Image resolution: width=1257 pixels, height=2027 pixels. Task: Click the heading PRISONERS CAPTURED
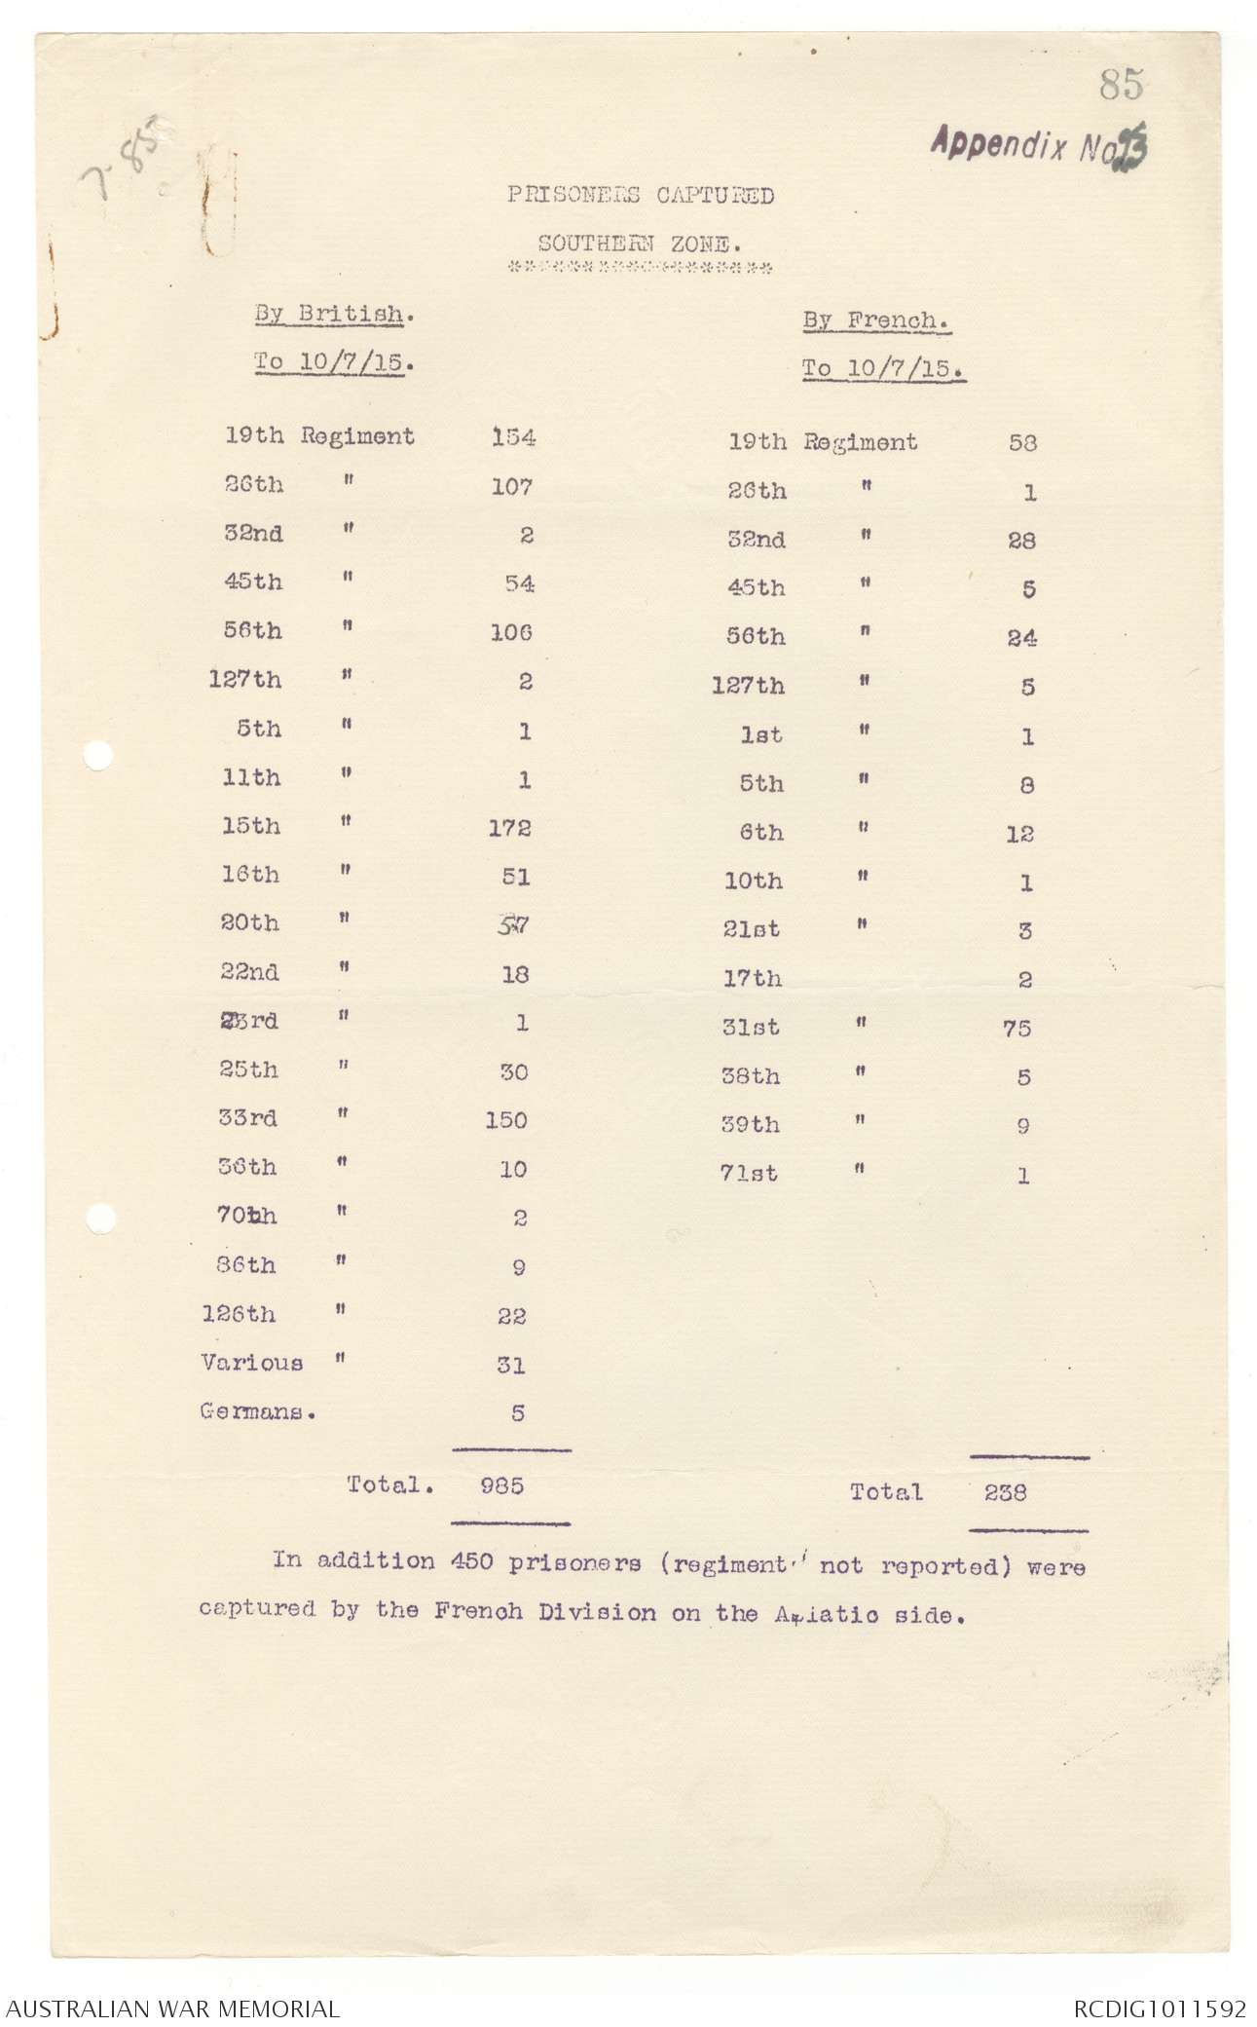[x=640, y=195]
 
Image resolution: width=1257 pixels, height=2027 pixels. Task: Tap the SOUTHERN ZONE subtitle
[x=640, y=244]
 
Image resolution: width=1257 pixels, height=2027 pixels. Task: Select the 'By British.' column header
[x=329, y=315]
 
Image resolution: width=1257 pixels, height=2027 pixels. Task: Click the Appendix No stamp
[x=1039, y=146]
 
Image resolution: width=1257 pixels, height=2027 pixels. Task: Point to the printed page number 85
[x=1121, y=86]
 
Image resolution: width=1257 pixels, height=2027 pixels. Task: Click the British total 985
[x=502, y=1485]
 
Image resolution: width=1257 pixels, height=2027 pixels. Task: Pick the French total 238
[x=1005, y=1492]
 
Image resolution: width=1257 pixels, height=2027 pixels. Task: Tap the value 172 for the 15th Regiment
[x=510, y=828]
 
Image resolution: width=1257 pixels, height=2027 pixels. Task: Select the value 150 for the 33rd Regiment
[x=506, y=1120]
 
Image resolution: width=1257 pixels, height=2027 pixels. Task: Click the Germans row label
[x=257, y=1411]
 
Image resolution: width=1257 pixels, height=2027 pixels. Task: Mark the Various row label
[x=251, y=1363]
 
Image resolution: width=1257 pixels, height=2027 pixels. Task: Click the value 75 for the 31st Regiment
[x=1017, y=1029]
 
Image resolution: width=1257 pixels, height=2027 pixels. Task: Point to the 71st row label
[x=750, y=1174]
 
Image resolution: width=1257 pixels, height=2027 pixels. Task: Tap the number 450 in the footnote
[x=475, y=1561]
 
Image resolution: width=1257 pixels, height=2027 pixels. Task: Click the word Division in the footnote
[x=601, y=1612]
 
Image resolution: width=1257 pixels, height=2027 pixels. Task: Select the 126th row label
[x=239, y=1314]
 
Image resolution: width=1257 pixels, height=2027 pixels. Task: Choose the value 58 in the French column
[x=1022, y=443]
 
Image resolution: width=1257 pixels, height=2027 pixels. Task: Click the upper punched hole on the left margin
[x=98, y=756]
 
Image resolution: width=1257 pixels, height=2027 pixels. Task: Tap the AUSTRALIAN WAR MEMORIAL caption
[x=171, y=2007]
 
